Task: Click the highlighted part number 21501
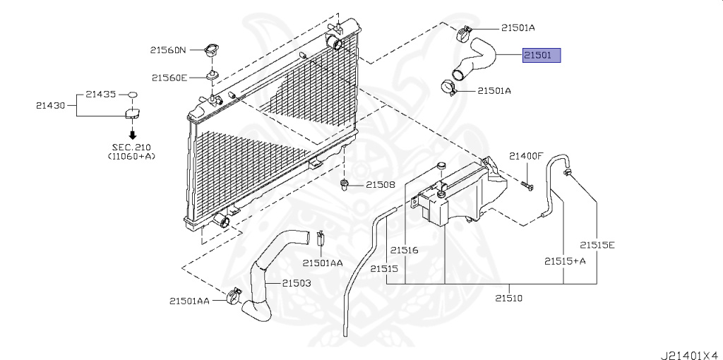[x=541, y=55]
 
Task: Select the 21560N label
[x=168, y=50]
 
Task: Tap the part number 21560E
[x=169, y=78]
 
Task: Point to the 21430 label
[x=50, y=106]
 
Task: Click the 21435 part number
[x=100, y=93]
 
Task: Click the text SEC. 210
[x=131, y=147]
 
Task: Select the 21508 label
[x=380, y=185]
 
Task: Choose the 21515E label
[x=597, y=245]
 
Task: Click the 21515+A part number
[x=565, y=261]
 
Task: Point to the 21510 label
[x=508, y=298]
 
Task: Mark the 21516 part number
[x=405, y=250]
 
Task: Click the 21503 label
[x=297, y=283]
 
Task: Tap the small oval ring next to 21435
[x=132, y=94]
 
